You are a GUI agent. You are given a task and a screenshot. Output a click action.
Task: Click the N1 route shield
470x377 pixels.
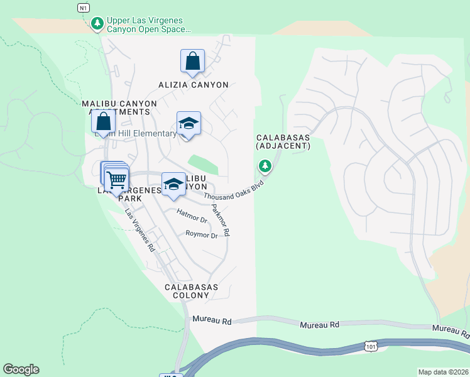point(83,8)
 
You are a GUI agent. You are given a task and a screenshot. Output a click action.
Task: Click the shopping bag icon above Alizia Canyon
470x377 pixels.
point(192,62)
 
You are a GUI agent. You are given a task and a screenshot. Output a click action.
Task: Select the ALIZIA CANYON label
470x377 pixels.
point(192,84)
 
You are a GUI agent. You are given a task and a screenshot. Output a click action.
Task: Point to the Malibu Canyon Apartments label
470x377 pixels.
point(117,107)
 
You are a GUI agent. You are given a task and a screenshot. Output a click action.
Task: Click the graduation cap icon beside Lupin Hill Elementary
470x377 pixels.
point(188,124)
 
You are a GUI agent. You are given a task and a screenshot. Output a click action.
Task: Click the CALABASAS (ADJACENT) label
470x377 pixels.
point(283,141)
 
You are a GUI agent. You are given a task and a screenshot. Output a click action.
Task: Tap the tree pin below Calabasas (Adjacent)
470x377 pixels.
point(265,167)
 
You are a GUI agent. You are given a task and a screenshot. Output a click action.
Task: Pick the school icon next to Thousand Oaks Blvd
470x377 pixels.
point(173,185)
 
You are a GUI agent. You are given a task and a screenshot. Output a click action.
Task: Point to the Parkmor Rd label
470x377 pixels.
point(221,220)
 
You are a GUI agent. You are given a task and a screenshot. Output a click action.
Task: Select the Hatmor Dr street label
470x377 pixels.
point(192,216)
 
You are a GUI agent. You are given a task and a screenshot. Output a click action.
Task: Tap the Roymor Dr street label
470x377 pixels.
point(201,235)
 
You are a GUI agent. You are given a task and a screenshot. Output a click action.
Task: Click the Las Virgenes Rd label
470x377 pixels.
point(139,230)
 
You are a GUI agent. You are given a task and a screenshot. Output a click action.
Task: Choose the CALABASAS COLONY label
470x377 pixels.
point(191,291)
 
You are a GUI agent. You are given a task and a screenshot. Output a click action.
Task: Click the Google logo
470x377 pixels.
point(21,369)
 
